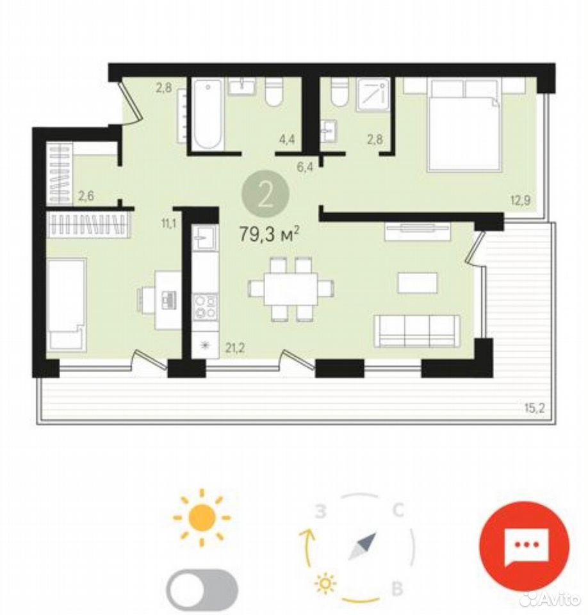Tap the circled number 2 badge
click(x=266, y=193)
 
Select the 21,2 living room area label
click(x=234, y=347)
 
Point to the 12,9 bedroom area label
click(x=521, y=201)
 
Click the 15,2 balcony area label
click(x=535, y=409)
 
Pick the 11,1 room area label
click(x=168, y=224)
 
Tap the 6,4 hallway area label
click(x=305, y=167)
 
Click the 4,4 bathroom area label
click(x=287, y=139)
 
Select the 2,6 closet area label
click(x=86, y=195)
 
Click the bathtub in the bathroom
click(x=208, y=114)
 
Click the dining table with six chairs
click(x=291, y=289)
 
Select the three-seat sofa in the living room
click(x=416, y=331)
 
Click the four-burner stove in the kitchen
click(x=206, y=306)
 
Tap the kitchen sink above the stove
click(x=204, y=237)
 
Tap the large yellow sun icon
click(x=202, y=518)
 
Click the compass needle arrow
click(x=363, y=546)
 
